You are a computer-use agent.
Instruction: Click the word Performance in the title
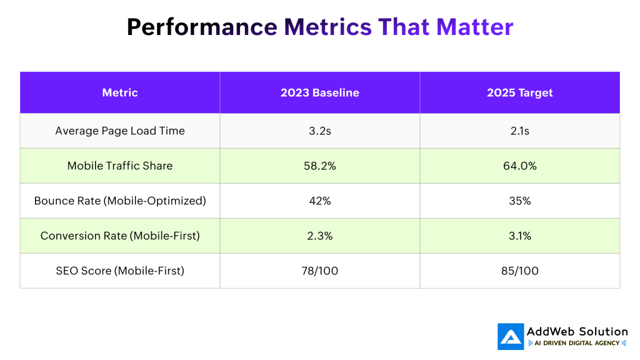tap(202, 27)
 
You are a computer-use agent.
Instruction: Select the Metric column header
tap(120, 92)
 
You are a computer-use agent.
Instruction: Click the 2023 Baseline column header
tap(319, 92)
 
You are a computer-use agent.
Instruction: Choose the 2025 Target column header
tap(519, 92)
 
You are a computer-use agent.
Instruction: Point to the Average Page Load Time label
tap(120, 131)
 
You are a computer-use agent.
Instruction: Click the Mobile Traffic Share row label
tap(120, 166)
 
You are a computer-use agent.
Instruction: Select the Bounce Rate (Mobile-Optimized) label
tap(120, 201)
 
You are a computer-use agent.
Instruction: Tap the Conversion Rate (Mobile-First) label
tap(120, 236)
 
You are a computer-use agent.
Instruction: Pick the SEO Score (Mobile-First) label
tap(120, 271)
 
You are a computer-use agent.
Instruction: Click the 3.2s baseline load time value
tap(319, 131)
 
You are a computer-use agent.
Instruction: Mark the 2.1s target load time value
tap(519, 131)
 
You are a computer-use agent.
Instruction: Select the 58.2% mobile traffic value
tap(319, 166)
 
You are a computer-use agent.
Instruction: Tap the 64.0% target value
tap(519, 166)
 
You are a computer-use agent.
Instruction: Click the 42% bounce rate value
tap(319, 201)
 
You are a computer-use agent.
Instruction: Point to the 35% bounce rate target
tap(519, 201)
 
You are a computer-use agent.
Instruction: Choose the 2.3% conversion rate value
tap(319, 236)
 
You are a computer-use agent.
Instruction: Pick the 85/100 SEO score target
tap(519, 271)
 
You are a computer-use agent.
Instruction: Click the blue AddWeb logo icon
tap(511, 336)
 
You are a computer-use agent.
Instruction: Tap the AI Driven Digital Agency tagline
tap(577, 343)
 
